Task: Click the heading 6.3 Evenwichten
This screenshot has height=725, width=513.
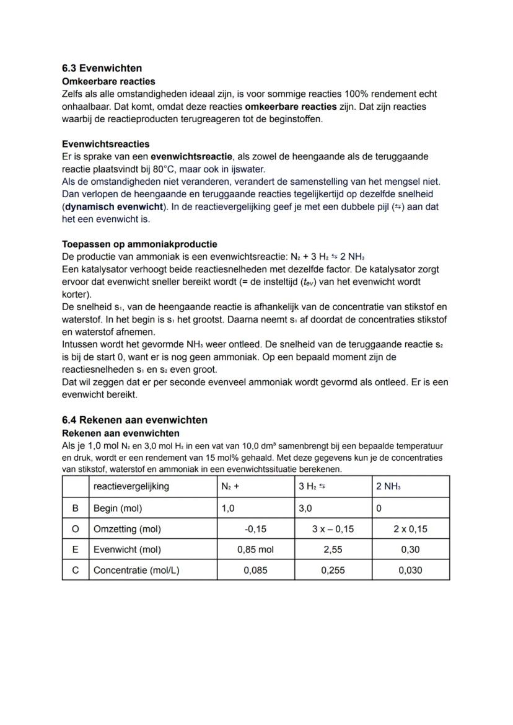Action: coord(102,68)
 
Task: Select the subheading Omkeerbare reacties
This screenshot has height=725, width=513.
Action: coord(108,81)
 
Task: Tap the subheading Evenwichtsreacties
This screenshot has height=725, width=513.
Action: coord(105,144)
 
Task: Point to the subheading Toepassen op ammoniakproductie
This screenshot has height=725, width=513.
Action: coord(139,244)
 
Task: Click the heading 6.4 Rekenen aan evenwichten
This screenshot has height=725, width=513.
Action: coord(134,420)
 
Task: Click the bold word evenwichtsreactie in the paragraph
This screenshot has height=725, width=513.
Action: coord(192,156)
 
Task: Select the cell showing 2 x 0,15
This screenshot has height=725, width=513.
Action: coord(410,529)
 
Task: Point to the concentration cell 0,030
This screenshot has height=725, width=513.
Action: coord(410,570)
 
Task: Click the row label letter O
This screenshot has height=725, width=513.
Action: coord(75,529)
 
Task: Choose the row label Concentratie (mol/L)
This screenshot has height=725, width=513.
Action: coord(136,570)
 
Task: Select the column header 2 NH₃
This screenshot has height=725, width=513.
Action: coord(388,487)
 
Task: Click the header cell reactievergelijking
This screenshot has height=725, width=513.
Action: coord(131,487)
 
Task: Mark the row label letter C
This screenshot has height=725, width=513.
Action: coord(75,570)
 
